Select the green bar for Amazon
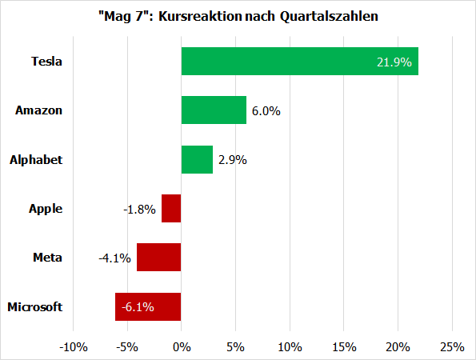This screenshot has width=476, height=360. pos(214,110)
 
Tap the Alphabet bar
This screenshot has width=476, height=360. pos(197,160)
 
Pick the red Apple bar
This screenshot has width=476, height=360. pos(171,209)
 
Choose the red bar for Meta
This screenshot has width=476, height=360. pos(159,258)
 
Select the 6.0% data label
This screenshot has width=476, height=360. pos(266,111)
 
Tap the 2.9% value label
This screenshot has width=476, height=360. pos(232,160)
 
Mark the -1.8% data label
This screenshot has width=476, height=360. pos(140,209)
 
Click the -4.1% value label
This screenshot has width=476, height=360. pos(115,258)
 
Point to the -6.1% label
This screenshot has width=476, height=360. pos(137,306)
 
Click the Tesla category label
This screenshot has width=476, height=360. pos(46,62)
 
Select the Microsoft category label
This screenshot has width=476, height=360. pos(34,306)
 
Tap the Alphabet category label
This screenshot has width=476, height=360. pos(36,160)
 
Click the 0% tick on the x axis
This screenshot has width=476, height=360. pos(182,346)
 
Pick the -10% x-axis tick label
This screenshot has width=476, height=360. pos(73,346)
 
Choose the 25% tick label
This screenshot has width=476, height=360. pos(452,346)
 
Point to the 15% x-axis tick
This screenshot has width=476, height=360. pos(344,346)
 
